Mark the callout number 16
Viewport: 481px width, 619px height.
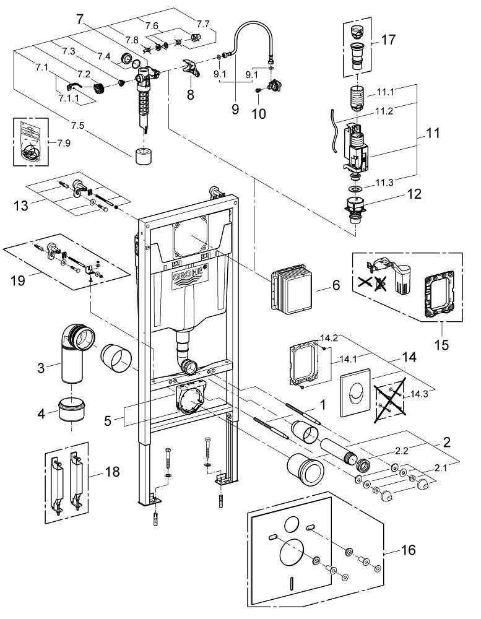coord(409,548)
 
